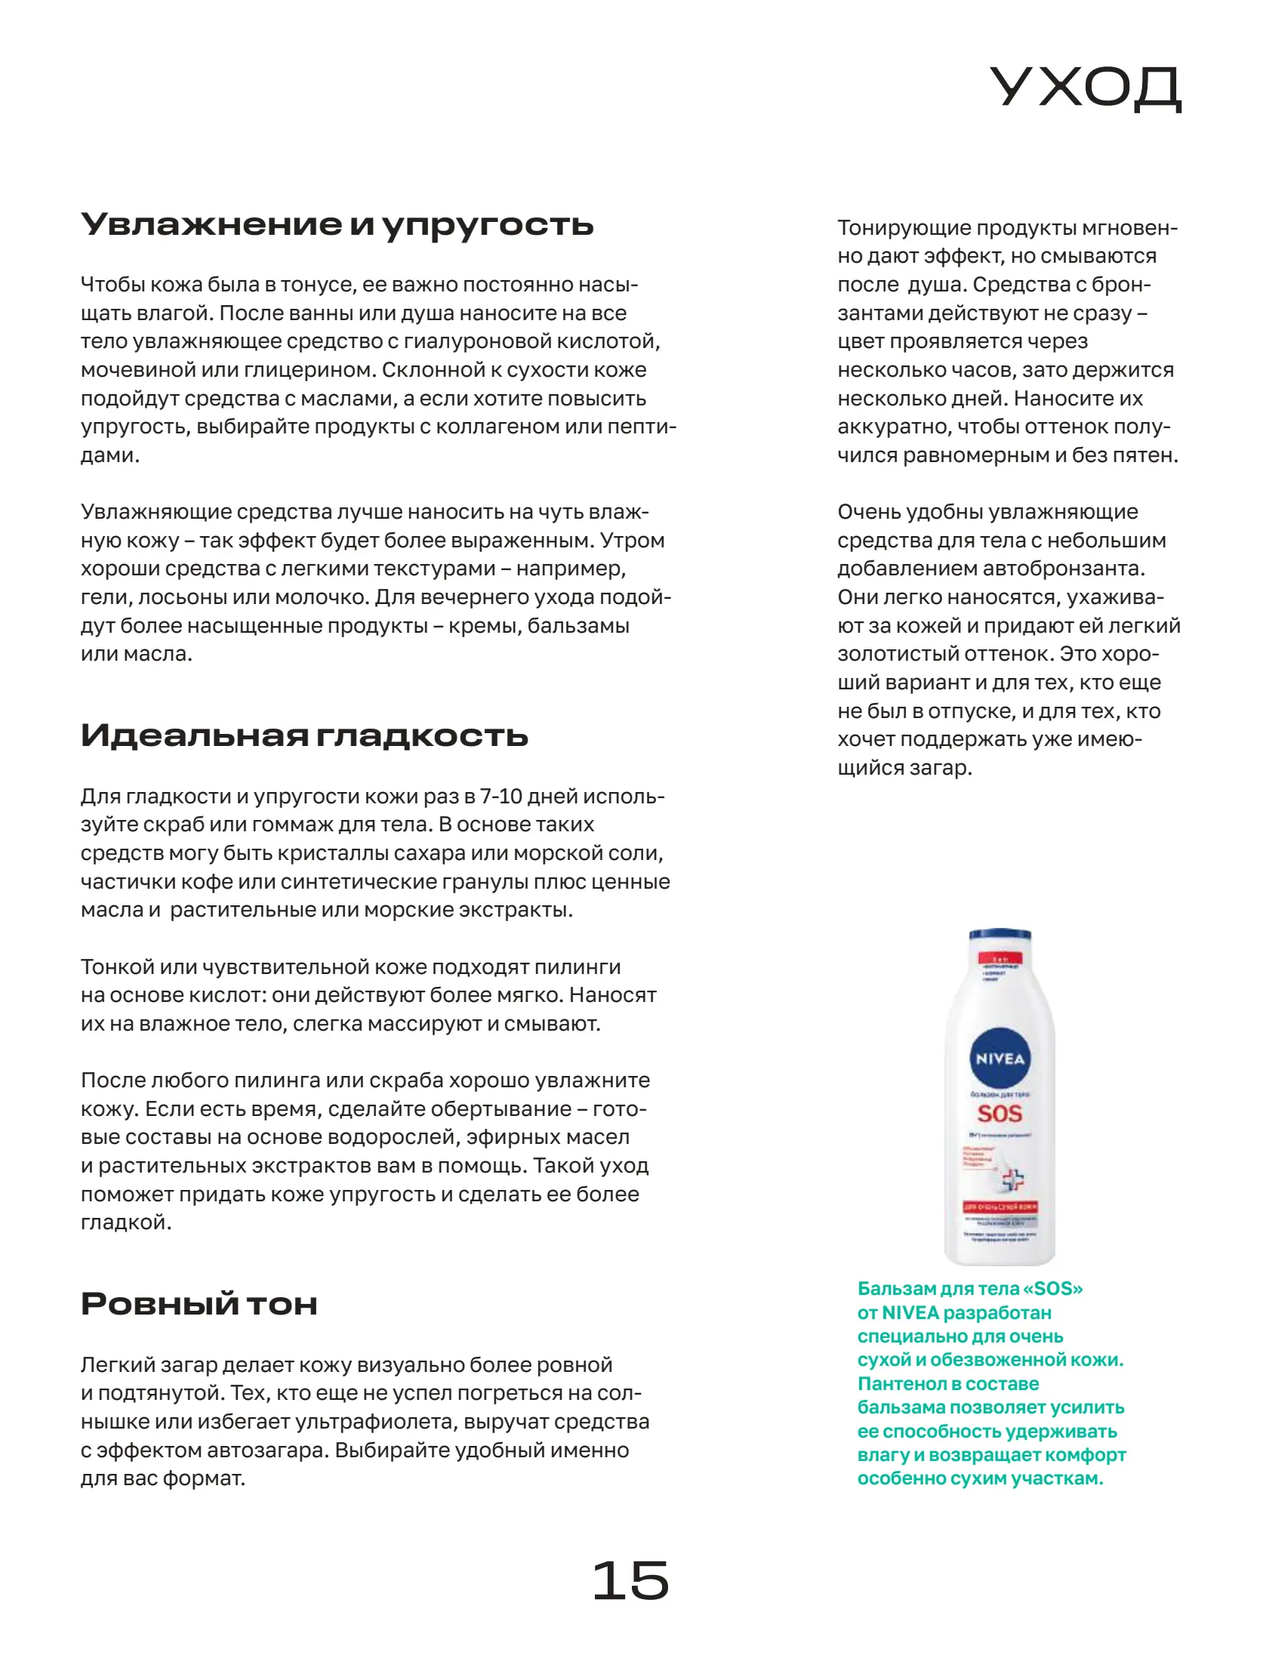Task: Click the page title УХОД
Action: (1086, 88)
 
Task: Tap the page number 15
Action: (630, 1581)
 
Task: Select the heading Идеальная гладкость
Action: (303, 735)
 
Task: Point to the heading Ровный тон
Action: (199, 1304)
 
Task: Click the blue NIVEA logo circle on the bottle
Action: (1000, 1058)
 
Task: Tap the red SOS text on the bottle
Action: (1000, 1114)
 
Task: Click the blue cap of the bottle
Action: (1000, 935)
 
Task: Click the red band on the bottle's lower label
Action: (1000, 1207)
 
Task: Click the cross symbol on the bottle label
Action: (1012, 1179)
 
